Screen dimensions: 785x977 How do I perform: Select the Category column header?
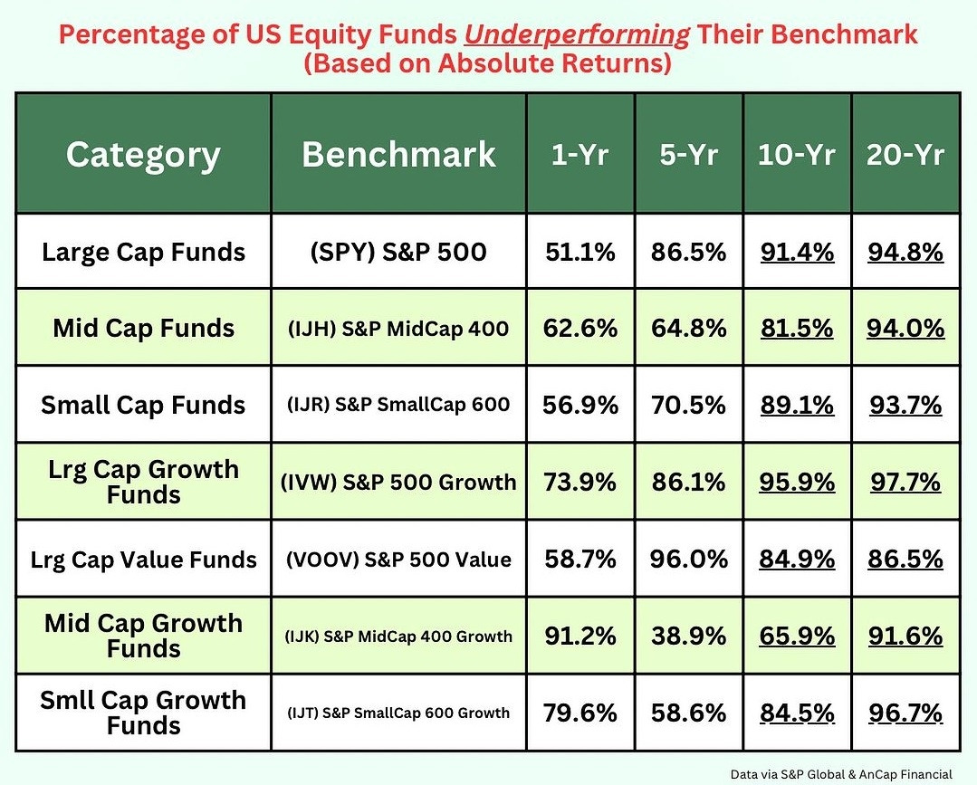click(143, 154)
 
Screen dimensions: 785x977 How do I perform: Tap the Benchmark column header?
click(398, 154)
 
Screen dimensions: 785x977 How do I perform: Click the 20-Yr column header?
click(905, 154)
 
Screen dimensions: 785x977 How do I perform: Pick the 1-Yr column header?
click(580, 154)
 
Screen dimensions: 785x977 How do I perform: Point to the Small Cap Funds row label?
click(143, 405)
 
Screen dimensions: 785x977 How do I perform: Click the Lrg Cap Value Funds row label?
click(143, 560)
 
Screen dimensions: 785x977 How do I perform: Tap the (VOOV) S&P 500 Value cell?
click(398, 560)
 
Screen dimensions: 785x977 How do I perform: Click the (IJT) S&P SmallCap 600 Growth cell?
click(398, 713)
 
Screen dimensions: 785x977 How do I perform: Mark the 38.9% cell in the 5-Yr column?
click(688, 636)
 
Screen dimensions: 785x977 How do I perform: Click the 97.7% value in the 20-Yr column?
click(905, 483)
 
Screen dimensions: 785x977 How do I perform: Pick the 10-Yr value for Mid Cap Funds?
click(797, 328)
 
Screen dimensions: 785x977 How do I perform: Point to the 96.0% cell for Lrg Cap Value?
click(688, 560)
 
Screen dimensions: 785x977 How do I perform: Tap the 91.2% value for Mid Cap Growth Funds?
click(580, 636)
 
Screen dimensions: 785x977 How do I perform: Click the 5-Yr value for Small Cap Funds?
click(688, 405)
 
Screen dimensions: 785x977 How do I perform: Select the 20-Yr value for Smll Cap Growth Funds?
click(905, 713)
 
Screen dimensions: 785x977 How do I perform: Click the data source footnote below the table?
click(841, 774)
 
